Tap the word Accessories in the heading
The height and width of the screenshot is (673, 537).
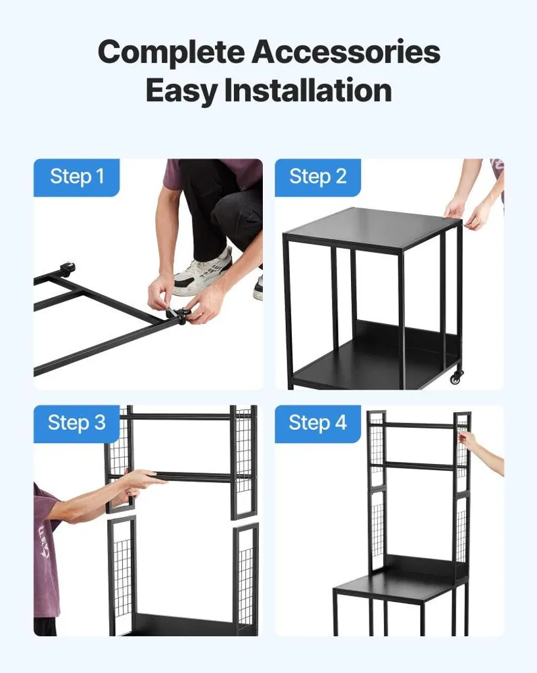coord(346,51)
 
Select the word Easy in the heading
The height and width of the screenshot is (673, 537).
coord(181,91)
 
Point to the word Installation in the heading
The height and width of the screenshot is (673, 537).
coord(308,89)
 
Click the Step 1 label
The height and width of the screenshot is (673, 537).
coord(77,177)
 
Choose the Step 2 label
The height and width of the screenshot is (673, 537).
coord(317,177)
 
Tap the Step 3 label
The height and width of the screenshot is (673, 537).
coord(76,423)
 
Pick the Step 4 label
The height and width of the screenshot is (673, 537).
coord(317,423)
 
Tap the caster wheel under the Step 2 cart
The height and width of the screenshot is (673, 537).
coord(456,377)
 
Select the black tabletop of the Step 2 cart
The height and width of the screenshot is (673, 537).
coord(373,227)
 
